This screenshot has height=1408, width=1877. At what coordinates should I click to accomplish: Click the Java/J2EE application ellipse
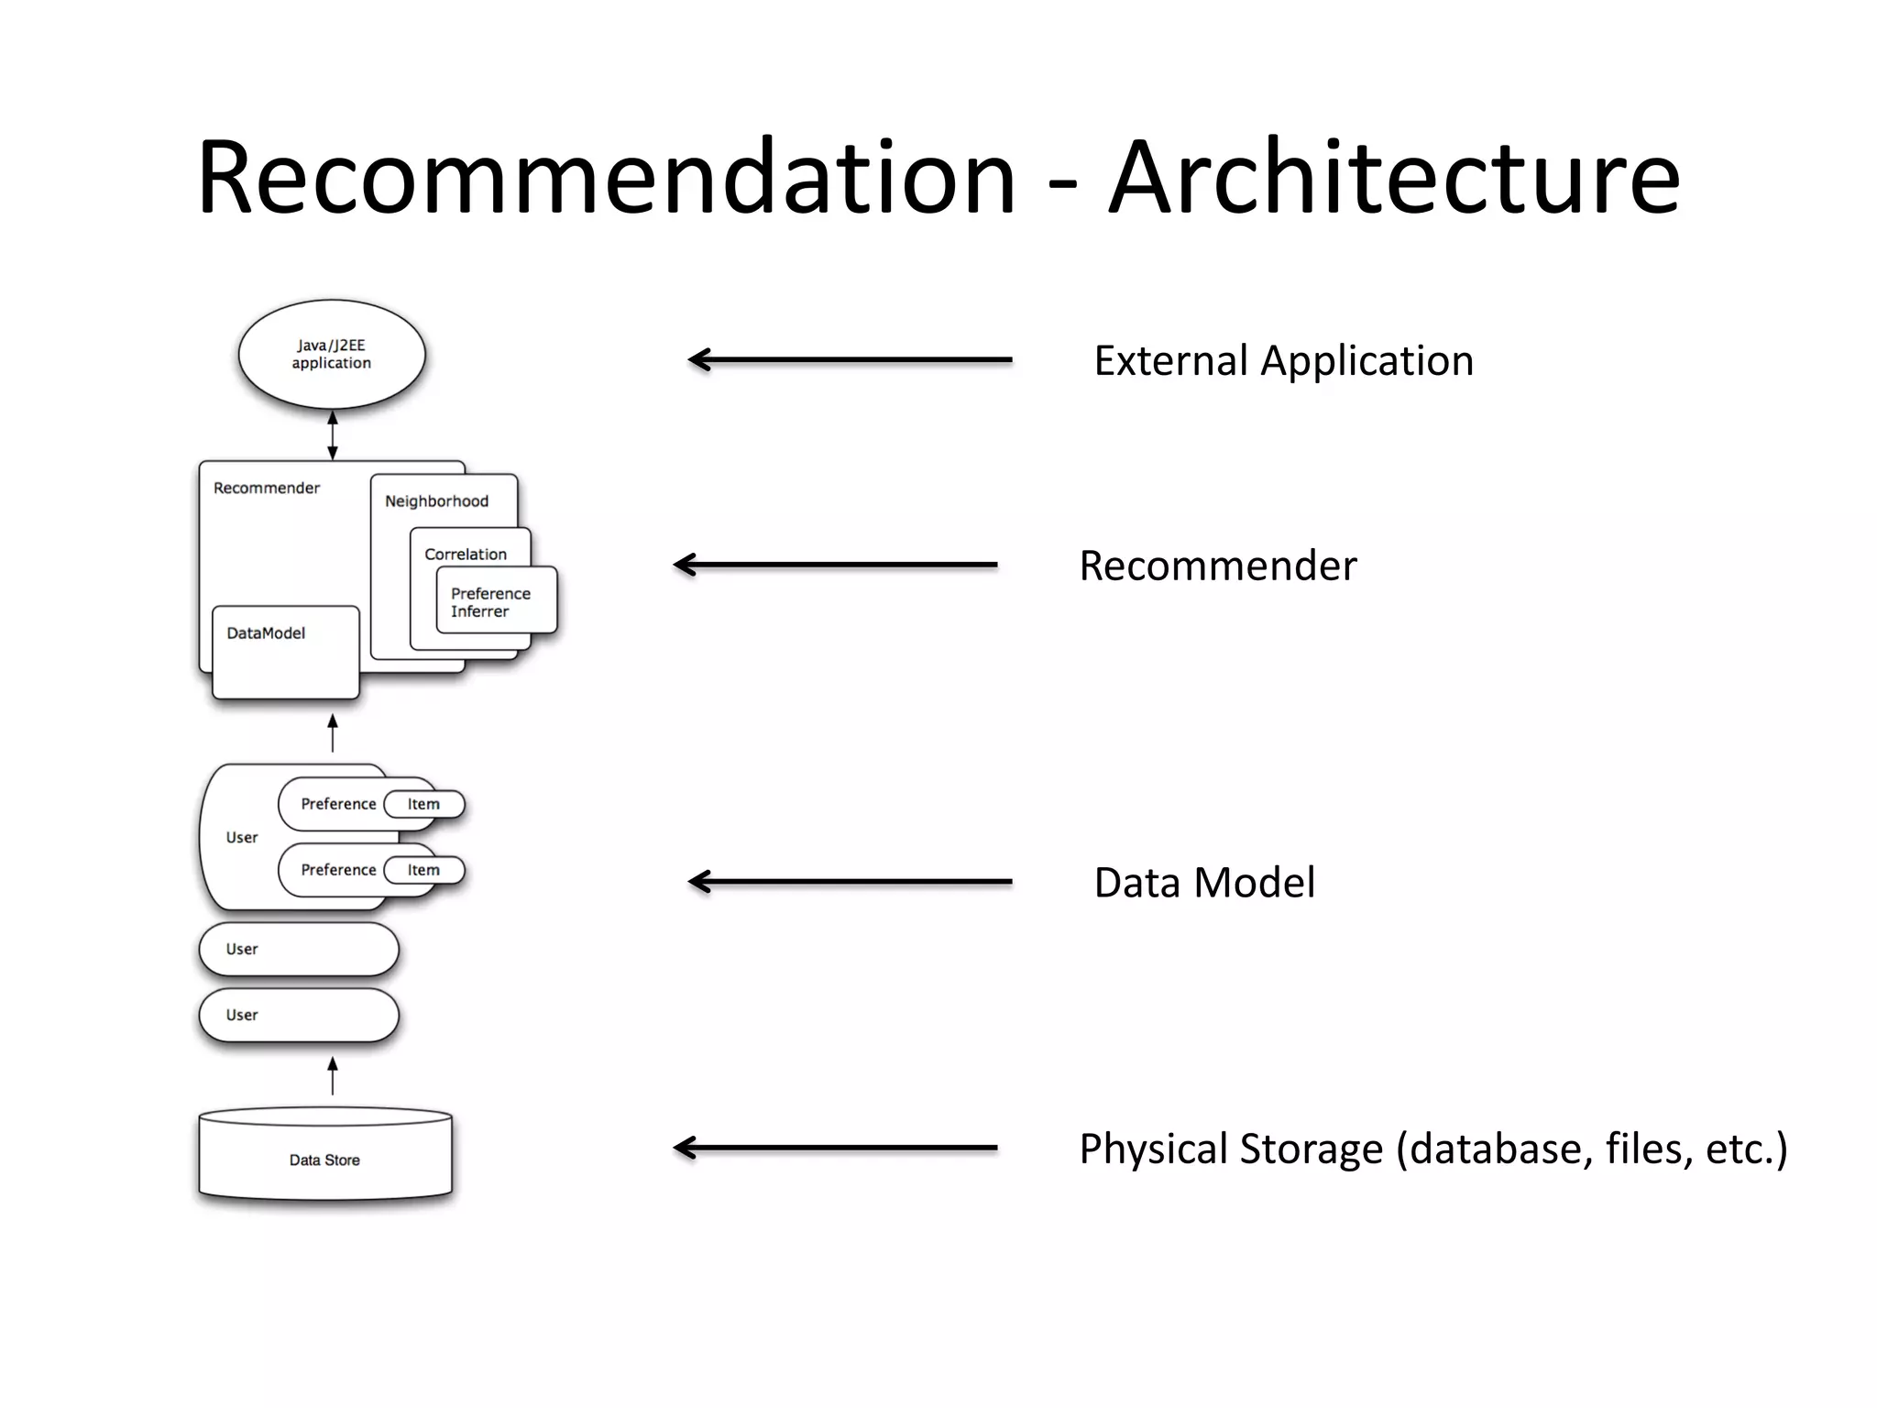332,354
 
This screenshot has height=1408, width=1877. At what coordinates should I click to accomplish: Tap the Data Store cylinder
325,1157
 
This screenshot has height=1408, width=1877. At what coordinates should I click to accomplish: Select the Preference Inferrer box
496,601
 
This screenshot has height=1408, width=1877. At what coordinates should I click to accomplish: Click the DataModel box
285,652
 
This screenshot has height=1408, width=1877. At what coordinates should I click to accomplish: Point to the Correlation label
466,554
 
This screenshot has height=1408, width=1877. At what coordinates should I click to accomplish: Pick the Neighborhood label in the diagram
436,500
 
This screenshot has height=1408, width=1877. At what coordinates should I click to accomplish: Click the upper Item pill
424,804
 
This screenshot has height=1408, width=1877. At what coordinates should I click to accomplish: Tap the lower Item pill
424,870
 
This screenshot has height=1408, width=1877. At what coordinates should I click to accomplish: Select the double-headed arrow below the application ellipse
333,434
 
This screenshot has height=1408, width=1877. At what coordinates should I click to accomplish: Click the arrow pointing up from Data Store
333,1075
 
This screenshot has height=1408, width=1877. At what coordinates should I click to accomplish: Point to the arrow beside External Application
850,360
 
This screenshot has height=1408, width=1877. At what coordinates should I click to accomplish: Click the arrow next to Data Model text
850,882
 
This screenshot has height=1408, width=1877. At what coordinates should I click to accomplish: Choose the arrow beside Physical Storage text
835,1148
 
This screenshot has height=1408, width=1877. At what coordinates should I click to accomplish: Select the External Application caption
1283,360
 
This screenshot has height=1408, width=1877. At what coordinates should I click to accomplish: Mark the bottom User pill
299,1015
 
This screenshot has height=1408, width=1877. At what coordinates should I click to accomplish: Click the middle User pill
299,949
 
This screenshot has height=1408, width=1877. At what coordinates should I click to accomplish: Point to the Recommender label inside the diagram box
267,488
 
